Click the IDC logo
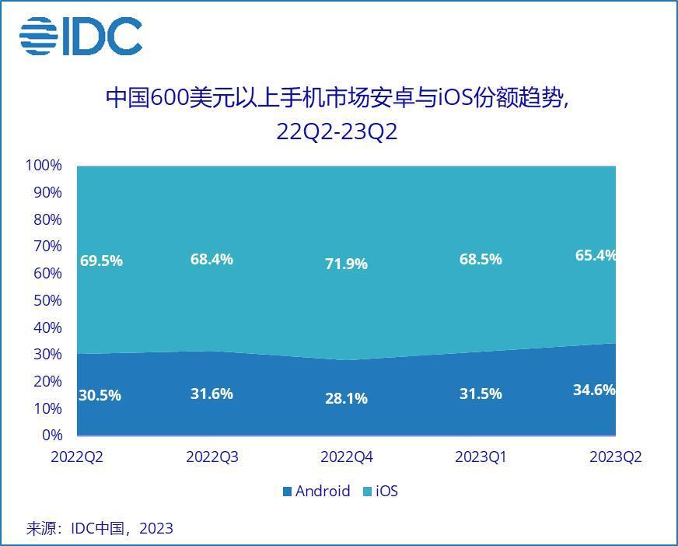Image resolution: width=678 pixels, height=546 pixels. (81, 36)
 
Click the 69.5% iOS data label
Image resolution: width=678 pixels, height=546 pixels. (101, 261)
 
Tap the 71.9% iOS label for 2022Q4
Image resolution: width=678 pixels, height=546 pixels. (346, 264)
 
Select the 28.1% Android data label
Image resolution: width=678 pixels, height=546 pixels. (346, 399)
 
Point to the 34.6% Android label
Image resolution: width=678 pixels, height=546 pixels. (594, 390)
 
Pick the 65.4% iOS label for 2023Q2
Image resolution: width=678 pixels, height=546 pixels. (594, 255)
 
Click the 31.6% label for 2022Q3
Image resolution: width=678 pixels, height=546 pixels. (211, 394)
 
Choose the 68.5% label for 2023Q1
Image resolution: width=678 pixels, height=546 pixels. (481, 260)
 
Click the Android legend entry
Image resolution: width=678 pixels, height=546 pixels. (316, 492)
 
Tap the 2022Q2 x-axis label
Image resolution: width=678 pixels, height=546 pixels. (77, 457)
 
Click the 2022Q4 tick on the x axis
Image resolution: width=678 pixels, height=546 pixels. (347, 457)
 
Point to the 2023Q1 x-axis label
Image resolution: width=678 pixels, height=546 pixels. (481, 457)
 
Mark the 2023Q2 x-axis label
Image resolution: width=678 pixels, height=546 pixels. (616, 457)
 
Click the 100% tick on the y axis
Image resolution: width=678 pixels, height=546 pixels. (44, 166)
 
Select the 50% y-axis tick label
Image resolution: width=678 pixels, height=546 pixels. (47, 300)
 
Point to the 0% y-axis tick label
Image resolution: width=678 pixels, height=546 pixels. (51, 435)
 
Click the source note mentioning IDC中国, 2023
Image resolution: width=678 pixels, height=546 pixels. (100, 529)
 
